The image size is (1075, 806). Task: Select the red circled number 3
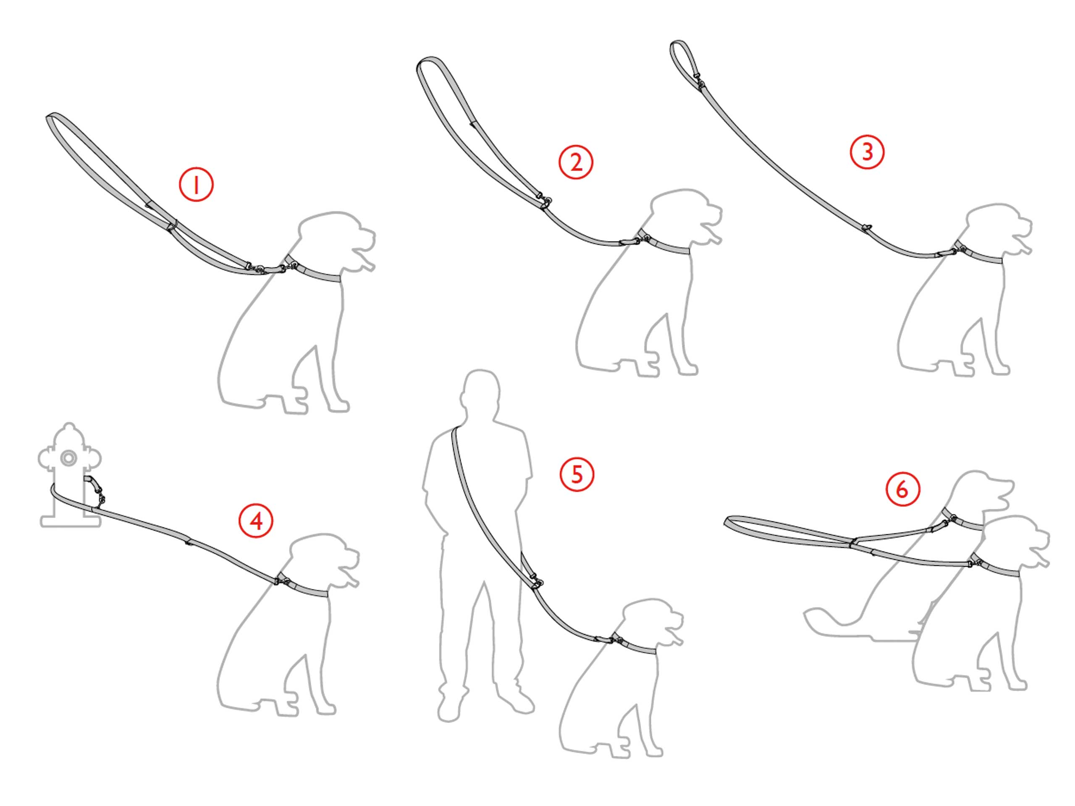pos(867,152)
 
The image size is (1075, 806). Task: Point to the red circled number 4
pos(256,521)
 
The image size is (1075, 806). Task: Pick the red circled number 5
pos(577,474)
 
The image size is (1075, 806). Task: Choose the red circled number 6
pos(903,489)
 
